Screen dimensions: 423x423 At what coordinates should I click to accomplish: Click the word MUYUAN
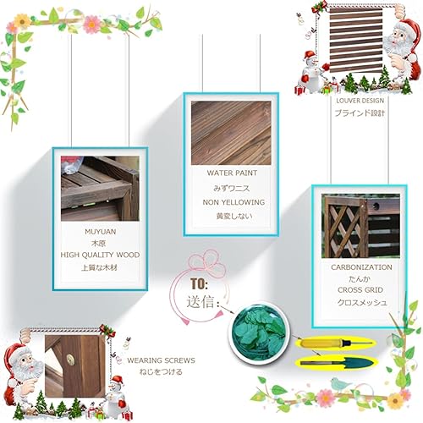[x=101, y=232]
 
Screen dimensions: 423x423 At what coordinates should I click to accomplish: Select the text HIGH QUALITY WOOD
[x=100, y=255]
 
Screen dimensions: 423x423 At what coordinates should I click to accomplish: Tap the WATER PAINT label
[x=232, y=173]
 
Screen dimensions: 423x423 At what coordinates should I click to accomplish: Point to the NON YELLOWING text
[x=233, y=202]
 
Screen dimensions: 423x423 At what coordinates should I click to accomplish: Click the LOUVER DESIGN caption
[x=360, y=101]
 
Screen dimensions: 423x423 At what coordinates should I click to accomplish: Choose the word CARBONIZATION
[x=361, y=267]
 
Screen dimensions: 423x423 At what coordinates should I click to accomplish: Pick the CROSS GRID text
[x=360, y=290]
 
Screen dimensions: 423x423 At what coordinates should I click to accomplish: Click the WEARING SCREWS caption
[x=161, y=360]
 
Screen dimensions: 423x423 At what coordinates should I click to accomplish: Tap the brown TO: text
[x=199, y=283]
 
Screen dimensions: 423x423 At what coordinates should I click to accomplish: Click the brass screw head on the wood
[x=70, y=359]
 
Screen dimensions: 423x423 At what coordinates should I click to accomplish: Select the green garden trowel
[x=336, y=362]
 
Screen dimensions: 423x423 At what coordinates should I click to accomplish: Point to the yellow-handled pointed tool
[x=336, y=343]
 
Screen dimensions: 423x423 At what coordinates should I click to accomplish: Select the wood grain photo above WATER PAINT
[x=231, y=133]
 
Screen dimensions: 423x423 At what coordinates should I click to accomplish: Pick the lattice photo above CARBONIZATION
[x=360, y=226]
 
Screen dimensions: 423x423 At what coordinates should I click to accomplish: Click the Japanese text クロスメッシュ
[x=362, y=303]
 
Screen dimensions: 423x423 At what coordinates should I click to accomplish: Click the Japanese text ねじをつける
[x=161, y=372]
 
